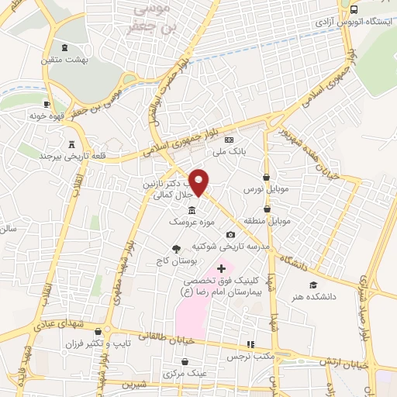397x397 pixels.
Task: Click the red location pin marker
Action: [199, 181]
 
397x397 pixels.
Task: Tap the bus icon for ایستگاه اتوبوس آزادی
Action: [354, 10]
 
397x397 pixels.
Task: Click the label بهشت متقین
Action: [87, 58]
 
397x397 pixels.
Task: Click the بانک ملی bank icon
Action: [228, 140]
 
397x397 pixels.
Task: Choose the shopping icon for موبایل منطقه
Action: [267, 209]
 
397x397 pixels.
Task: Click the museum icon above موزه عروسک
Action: [192, 210]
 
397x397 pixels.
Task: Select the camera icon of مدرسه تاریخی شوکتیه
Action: [230, 235]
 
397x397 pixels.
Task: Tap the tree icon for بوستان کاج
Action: [178, 249]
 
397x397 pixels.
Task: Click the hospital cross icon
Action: [221, 268]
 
